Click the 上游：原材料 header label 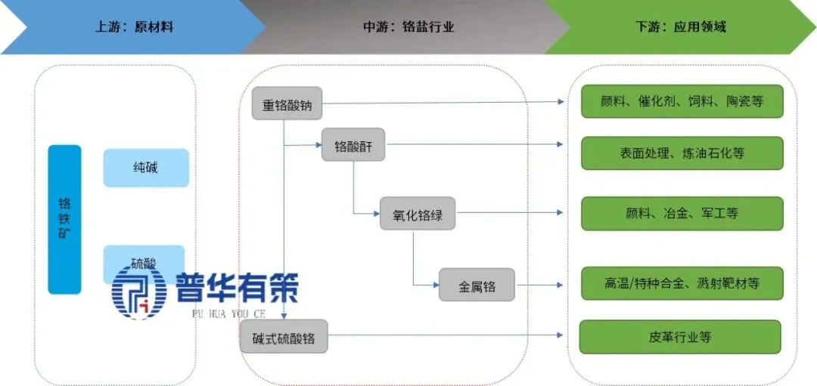pyautogui.click(x=134, y=27)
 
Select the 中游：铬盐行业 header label pyautogui.click(x=408, y=27)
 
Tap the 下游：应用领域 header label pyautogui.click(x=680, y=27)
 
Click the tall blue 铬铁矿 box pyautogui.click(x=64, y=219)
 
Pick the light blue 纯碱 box pyautogui.click(x=145, y=168)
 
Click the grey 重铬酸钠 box pyautogui.click(x=287, y=105)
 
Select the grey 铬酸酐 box pyautogui.click(x=353, y=145)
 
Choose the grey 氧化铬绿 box pyautogui.click(x=418, y=215)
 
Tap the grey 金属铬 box pyautogui.click(x=477, y=286)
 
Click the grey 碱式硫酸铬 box pyautogui.click(x=284, y=337)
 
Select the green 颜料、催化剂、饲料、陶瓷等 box pyautogui.click(x=682, y=101)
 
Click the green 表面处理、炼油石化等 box pyautogui.click(x=682, y=153)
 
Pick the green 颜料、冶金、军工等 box pyautogui.click(x=682, y=213)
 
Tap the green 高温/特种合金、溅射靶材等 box pyautogui.click(x=682, y=283)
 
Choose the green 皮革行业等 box pyautogui.click(x=679, y=337)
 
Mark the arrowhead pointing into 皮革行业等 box pyautogui.click(x=559, y=336)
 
